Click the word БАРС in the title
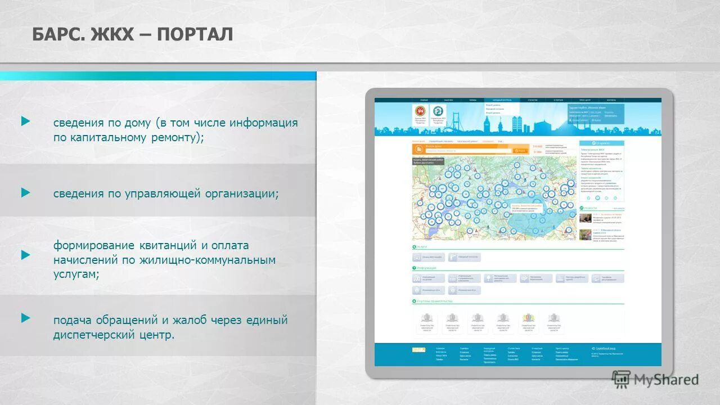pyautogui.click(x=57, y=34)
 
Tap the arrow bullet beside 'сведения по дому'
pyautogui.click(x=25, y=121)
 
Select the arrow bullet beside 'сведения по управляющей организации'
pyautogui.click(x=25, y=192)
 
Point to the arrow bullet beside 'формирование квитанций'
pyautogui.click(x=25, y=255)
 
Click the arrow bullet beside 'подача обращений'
pyautogui.click(x=25, y=318)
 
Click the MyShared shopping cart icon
pyautogui.click(x=621, y=379)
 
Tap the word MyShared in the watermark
pyautogui.click(x=666, y=380)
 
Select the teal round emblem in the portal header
pyautogui.click(x=437, y=111)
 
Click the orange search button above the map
pyautogui.click(x=520, y=151)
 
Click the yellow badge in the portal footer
pyautogui.click(x=418, y=350)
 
